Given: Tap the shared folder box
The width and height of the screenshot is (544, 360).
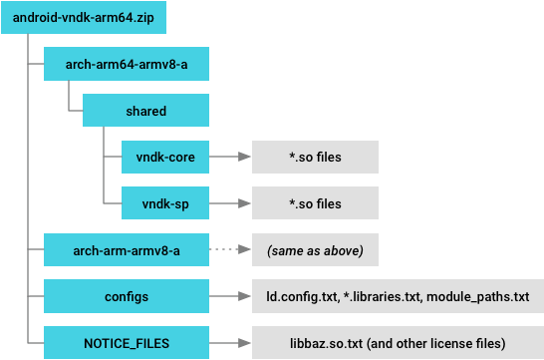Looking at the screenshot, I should pos(146,111).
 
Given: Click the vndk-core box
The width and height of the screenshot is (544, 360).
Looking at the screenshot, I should pos(165,157).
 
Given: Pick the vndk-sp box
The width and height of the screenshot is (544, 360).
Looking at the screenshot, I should pos(165,202).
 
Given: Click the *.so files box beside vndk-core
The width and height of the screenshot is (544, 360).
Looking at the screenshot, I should pos(315,157).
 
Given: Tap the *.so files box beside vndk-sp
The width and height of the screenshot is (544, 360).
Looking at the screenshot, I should pos(315,202).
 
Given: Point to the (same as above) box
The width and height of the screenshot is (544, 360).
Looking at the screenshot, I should pos(315,249).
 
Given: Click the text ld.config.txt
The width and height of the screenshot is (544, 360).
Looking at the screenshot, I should pos(299,296).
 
